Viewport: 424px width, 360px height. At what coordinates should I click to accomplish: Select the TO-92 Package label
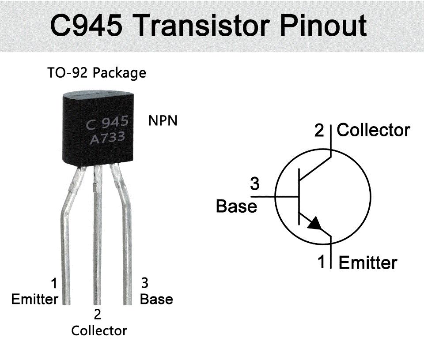[96, 72]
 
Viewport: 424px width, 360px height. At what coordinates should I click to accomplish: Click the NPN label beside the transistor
[163, 121]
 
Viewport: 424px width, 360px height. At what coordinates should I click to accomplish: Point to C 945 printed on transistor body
[107, 122]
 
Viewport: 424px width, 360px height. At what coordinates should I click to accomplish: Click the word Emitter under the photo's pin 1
[34, 299]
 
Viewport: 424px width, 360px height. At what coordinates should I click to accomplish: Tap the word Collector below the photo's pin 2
[99, 330]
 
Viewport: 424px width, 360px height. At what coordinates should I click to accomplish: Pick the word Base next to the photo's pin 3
[156, 299]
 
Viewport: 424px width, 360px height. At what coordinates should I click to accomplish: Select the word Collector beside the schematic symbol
[374, 130]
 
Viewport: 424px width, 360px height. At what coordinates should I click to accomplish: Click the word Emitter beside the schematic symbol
[368, 263]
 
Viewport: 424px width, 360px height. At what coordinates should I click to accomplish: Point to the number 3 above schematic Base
[255, 184]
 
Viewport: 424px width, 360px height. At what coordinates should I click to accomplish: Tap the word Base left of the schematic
[236, 206]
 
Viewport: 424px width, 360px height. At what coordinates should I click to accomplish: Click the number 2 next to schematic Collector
[319, 131]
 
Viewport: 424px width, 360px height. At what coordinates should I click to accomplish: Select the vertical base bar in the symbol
[299, 196]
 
